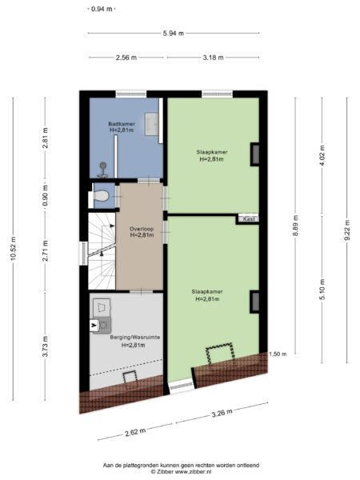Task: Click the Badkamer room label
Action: coord(122,124)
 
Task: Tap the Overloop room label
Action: coord(142,229)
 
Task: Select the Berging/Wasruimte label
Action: coord(135,338)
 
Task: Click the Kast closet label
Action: coord(249,219)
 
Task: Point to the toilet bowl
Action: coord(101,196)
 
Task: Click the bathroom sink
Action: coord(151,124)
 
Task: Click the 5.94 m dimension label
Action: coord(174,34)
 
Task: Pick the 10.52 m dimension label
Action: coord(13,249)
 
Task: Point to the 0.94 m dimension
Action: coord(102,9)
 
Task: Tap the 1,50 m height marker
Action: coord(278,354)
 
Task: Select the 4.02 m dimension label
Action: coord(322,155)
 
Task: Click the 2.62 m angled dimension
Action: coord(135,432)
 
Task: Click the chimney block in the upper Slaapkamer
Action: coord(255,154)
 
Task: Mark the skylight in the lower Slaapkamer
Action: coord(221,354)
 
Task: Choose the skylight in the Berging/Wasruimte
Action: coord(130,377)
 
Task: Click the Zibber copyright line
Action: coord(181,472)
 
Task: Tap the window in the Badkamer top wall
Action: coord(131,94)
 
